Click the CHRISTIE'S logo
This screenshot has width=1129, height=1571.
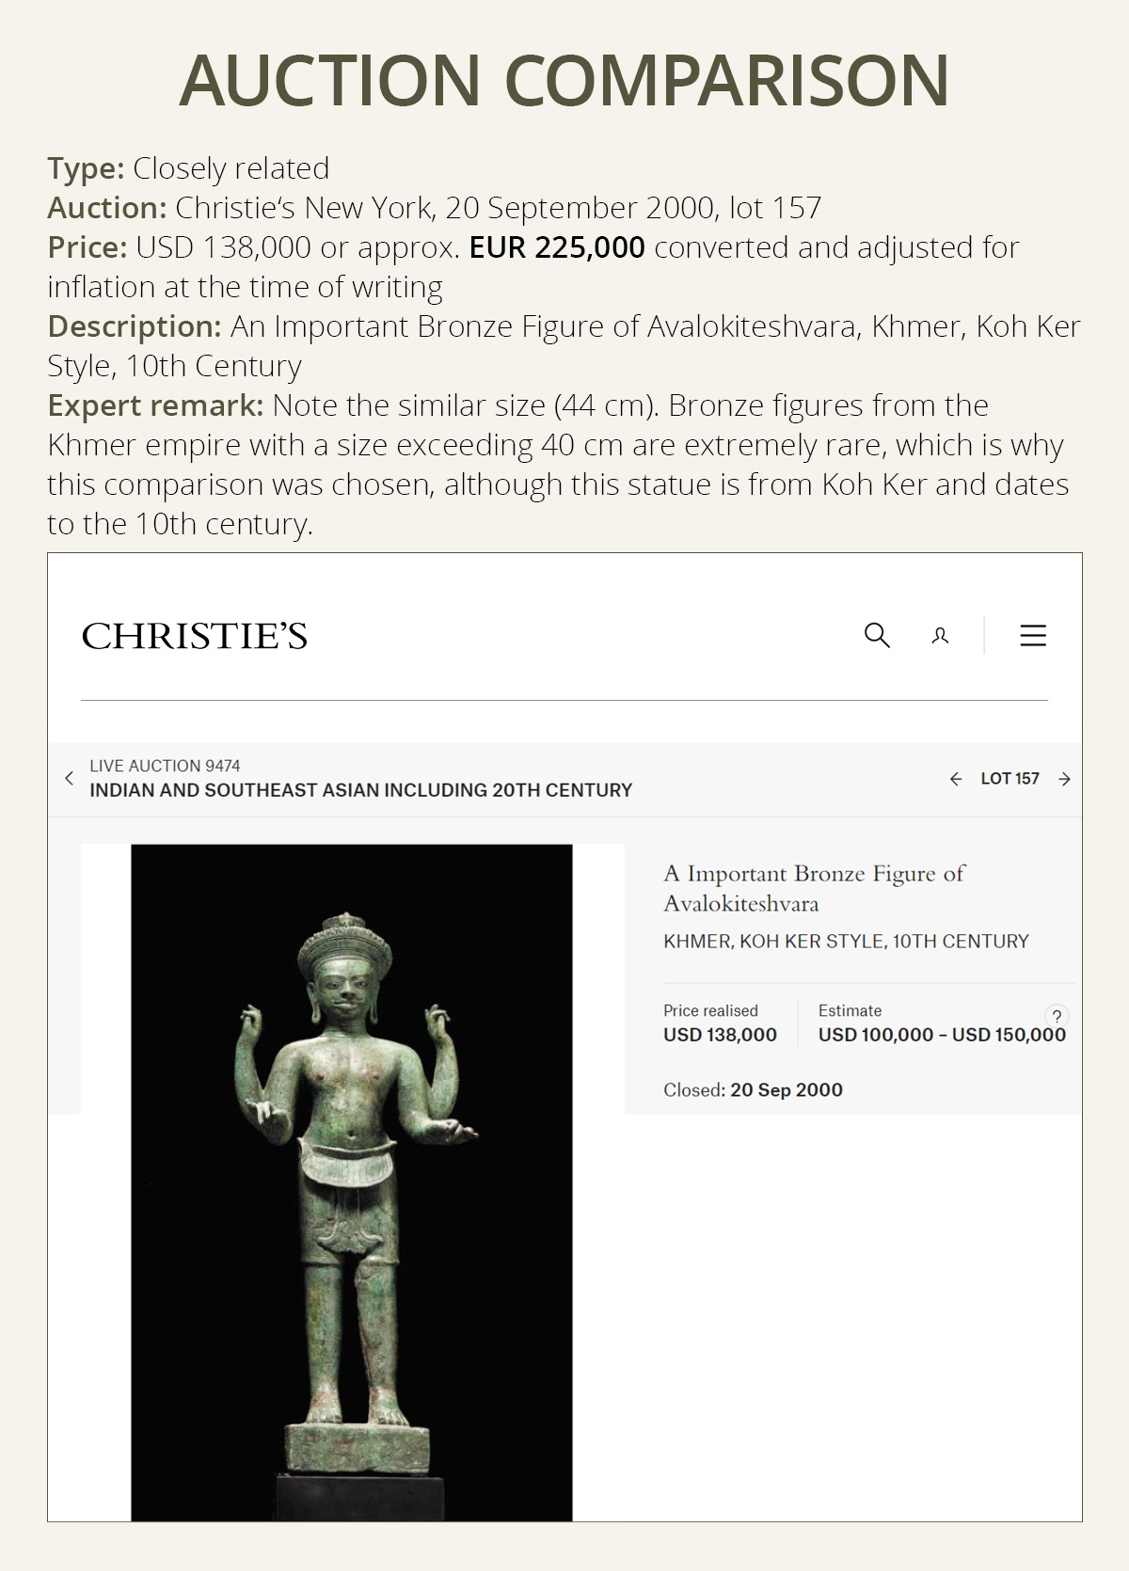point(195,637)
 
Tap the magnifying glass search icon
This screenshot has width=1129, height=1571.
point(877,635)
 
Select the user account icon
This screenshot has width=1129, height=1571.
point(940,637)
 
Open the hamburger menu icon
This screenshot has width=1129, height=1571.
point(1033,635)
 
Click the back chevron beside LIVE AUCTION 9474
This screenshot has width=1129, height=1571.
point(69,778)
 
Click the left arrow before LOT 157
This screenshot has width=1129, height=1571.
point(956,779)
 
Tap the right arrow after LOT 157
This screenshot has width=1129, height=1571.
point(1064,779)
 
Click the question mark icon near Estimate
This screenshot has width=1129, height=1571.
point(1057,1016)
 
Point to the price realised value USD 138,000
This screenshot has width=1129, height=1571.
point(720,1035)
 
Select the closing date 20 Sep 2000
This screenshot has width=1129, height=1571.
point(786,1090)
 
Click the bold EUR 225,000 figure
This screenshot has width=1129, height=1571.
point(557,247)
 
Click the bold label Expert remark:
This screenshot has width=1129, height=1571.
point(155,405)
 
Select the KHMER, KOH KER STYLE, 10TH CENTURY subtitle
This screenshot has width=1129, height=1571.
point(846,942)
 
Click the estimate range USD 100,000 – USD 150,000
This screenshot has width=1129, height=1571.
point(942,1035)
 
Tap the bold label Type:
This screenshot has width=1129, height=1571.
point(86,168)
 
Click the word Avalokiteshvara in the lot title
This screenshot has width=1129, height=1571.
point(740,904)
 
